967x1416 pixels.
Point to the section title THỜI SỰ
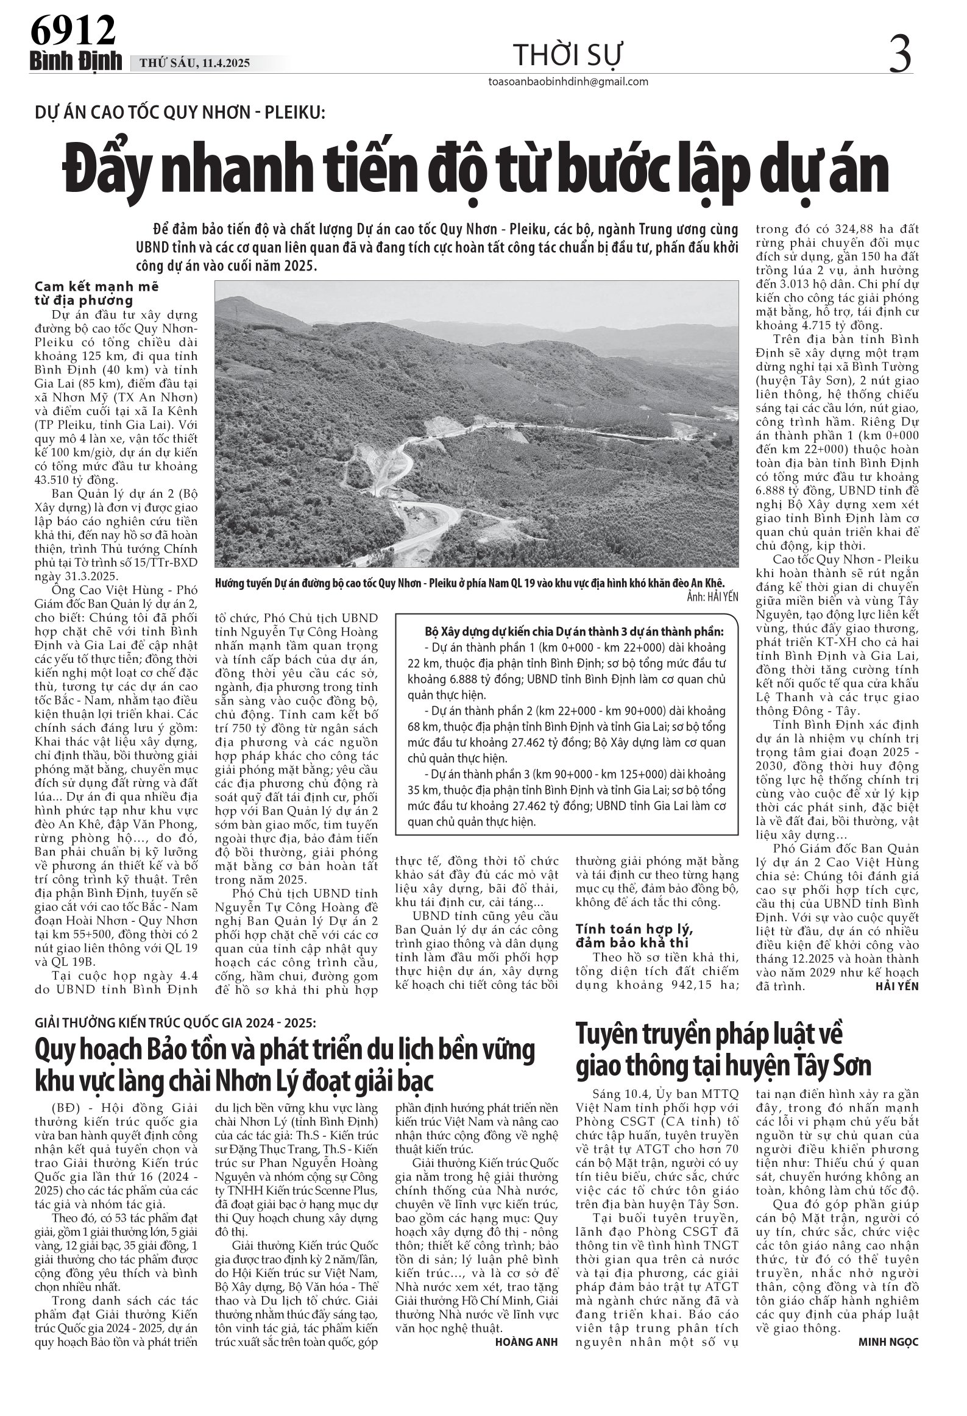(x=567, y=55)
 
